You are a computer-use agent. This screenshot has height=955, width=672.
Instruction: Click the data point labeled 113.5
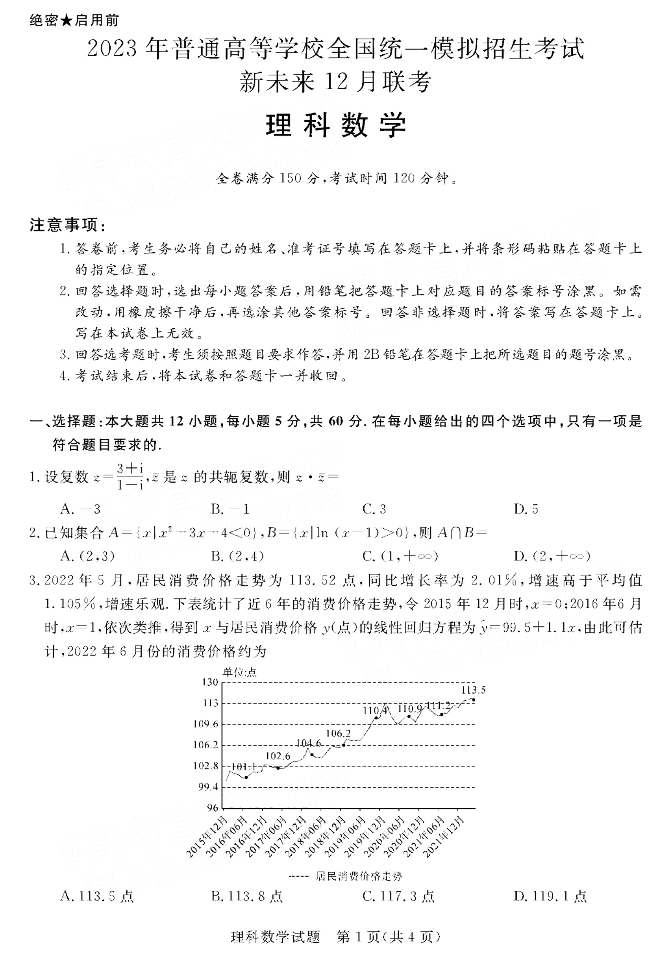474,700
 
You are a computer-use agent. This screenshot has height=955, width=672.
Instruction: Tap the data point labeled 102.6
278,768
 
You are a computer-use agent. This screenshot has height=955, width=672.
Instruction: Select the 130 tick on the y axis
210,682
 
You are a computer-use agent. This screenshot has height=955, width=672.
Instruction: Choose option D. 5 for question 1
526,509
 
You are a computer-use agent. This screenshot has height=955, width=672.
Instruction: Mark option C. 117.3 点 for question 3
398,896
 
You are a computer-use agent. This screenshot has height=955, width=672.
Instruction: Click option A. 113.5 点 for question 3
97,896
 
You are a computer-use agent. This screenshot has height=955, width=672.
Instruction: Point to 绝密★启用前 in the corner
74,20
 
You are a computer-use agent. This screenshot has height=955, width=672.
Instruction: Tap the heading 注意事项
68,225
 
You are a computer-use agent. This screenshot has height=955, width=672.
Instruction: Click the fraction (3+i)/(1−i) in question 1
130,477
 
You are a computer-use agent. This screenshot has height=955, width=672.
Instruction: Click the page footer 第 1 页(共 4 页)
388,938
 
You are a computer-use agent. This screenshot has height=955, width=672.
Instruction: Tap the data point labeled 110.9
409,717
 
